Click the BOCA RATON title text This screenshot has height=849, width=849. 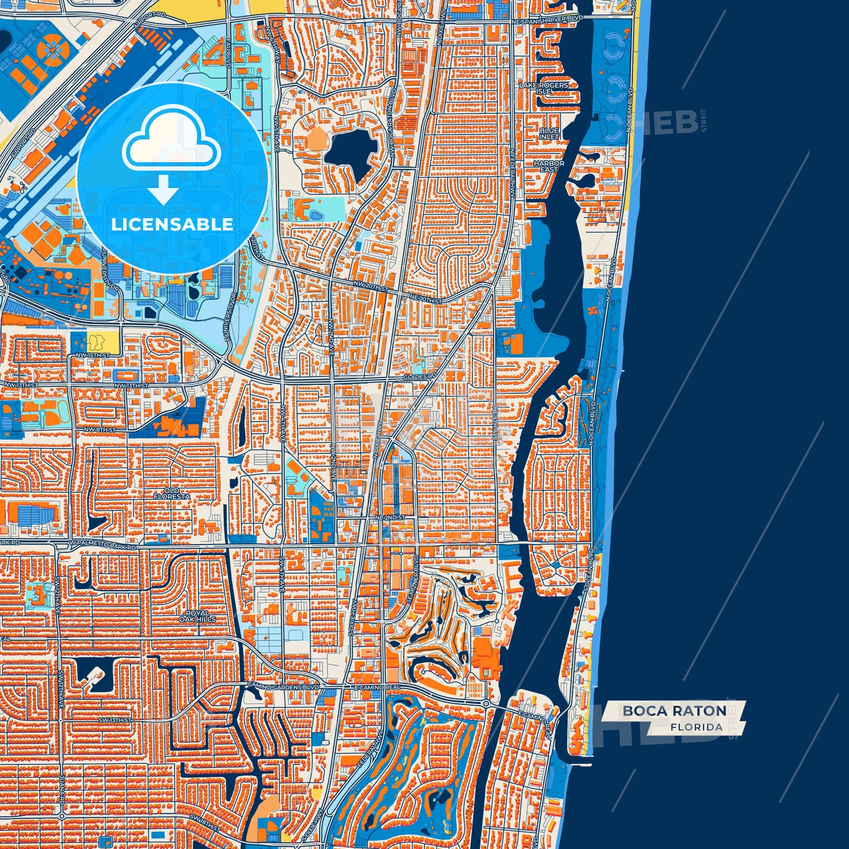(x=674, y=711)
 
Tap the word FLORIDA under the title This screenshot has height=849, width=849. (x=696, y=727)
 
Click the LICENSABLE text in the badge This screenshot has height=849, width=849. (x=172, y=224)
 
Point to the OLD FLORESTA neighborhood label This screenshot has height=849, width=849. (x=172, y=493)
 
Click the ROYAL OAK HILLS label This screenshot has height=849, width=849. (x=197, y=616)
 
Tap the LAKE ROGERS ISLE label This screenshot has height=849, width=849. (x=544, y=88)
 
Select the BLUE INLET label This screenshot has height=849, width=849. (x=549, y=133)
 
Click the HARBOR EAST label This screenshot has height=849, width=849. (x=549, y=166)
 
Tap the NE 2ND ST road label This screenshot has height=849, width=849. (x=391, y=518)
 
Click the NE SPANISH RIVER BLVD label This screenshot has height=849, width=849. (x=547, y=20)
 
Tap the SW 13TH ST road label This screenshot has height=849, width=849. (x=115, y=719)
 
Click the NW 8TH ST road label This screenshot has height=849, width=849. (x=100, y=430)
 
